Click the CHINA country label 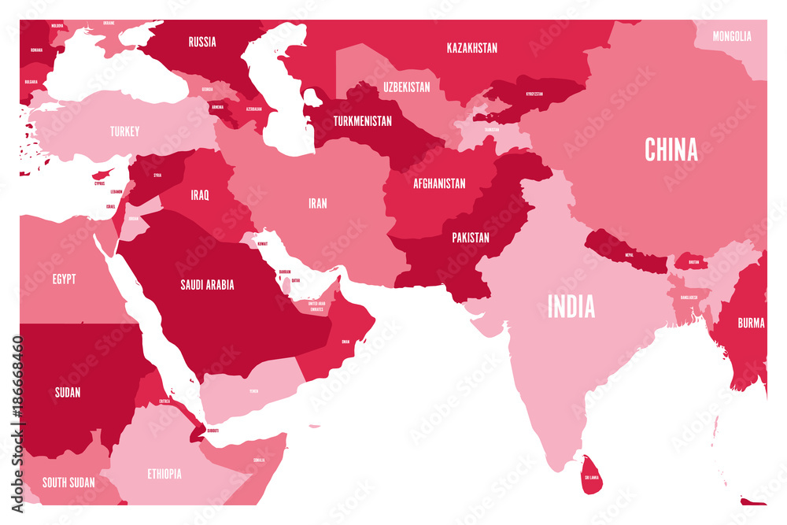(x=671, y=149)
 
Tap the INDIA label (x=571, y=306)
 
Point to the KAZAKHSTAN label (x=471, y=48)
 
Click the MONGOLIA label (x=732, y=36)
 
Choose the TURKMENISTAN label (x=362, y=121)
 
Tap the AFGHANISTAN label (x=439, y=183)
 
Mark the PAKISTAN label (x=471, y=237)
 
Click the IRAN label (x=317, y=203)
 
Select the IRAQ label (x=199, y=194)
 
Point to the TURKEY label (x=125, y=131)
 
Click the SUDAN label (x=68, y=392)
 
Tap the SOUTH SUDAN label (x=68, y=482)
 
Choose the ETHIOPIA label (x=164, y=474)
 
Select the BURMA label (x=750, y=322)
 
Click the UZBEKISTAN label (x=407, y=87)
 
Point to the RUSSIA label (x=202, y=42)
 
